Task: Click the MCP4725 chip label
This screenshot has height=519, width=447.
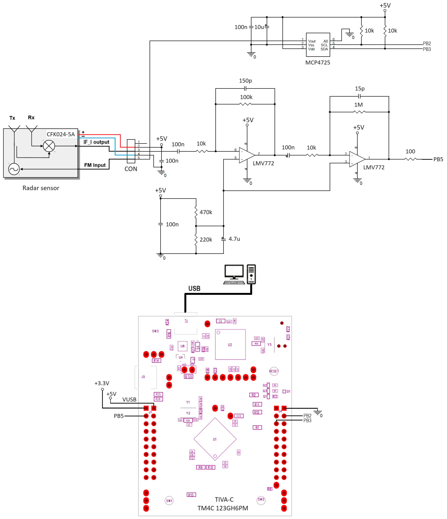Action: pyautogui.click(x=318, y=63)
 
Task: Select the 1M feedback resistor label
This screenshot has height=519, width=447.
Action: pyautogui.click(x=358, y=105)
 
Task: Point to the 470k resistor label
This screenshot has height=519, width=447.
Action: pyautogui.click(x=206, y=212)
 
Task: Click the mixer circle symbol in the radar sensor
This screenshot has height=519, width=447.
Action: pyautogui.click(x=49, y=146)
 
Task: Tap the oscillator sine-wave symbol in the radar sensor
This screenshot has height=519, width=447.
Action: pyautogui.click(x=14, y=169)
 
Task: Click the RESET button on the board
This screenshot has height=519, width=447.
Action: pyautogui.click(x=274, y=371)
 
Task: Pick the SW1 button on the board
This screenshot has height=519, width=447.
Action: pyautogui.click(x=169, y=501)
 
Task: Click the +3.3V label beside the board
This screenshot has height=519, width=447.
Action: pyautogui.click(x=102, y=383)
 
